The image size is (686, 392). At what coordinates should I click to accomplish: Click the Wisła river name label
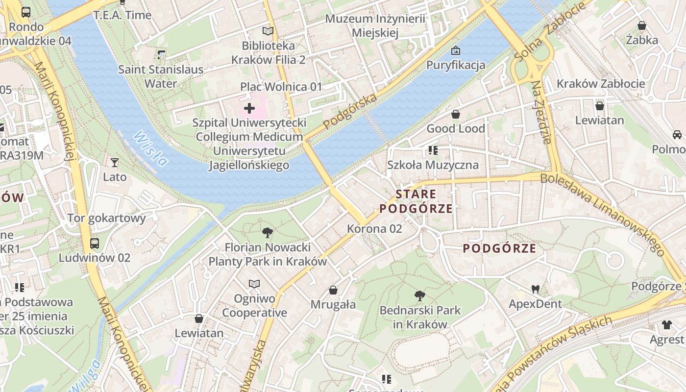pyautogui.click(x=150, y=148)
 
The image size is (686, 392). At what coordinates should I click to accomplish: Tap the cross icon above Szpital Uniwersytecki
pyautogui.click(x=249, y=108)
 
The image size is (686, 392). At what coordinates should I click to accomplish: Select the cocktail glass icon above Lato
pyautogui.click(x=115, y=162)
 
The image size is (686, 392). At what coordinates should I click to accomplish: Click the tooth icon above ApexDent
pyautogui.click(x=535, y=290)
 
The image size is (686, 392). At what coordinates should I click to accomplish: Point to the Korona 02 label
pyautogui.click(x=374, y=228)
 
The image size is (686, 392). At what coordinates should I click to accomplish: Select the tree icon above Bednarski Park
pyautogui.click(x=419, y=295)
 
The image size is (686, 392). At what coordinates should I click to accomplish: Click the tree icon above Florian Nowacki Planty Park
pyautogui.click(x=268, y=232)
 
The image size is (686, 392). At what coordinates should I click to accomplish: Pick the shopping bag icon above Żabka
pyautogui.click(x=642, y=25)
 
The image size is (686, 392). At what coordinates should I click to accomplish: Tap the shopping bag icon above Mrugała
pyautogui.click(x=333, y=290)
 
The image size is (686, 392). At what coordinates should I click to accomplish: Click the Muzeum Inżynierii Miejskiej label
pyautogui.click(x=375, y=25)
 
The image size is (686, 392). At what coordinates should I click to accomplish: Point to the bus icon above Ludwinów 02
pyautogui.click(x=95, y=243)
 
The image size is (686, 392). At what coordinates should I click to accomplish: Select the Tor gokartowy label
pyautogui.click(x=106, y=218)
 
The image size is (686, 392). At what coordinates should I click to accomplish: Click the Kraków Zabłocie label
pyautogui.click(x=601, y=83)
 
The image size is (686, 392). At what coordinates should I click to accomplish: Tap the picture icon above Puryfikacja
pyautogui.click(x=456, y=50)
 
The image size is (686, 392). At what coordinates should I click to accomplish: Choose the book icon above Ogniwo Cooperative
pyautogui.click(x=254, y=284)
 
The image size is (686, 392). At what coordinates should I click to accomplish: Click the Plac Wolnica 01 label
pyautogui.click(x=281, y=87)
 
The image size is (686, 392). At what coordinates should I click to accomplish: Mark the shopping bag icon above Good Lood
pyautogui.click(x=456, y=114)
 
